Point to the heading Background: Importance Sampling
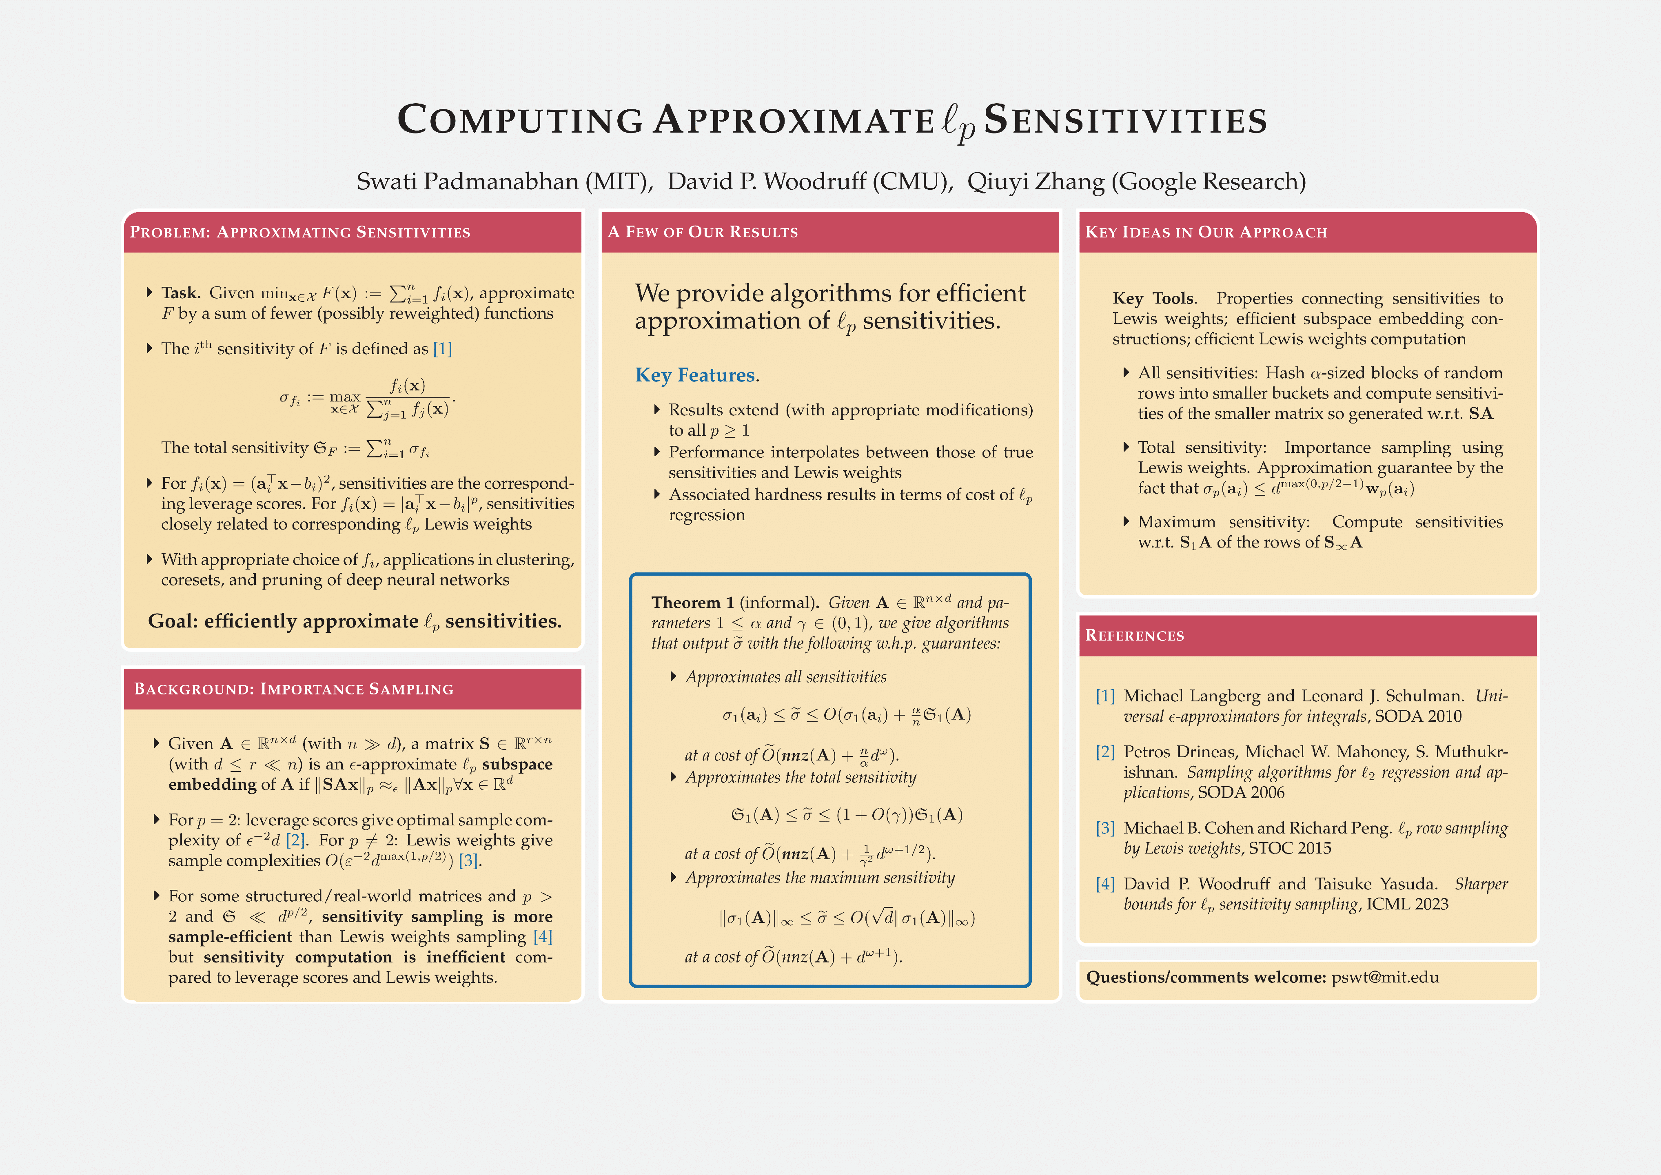click(294, 689)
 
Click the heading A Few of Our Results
click(703, 232)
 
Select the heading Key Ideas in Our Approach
click(1206, 232)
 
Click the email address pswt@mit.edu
click(1385, 978)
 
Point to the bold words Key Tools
click(1154, 298)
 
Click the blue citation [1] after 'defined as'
click(442, 349)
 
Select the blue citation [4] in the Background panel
click(543, 937)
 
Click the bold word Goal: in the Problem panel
click(172, 621)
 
